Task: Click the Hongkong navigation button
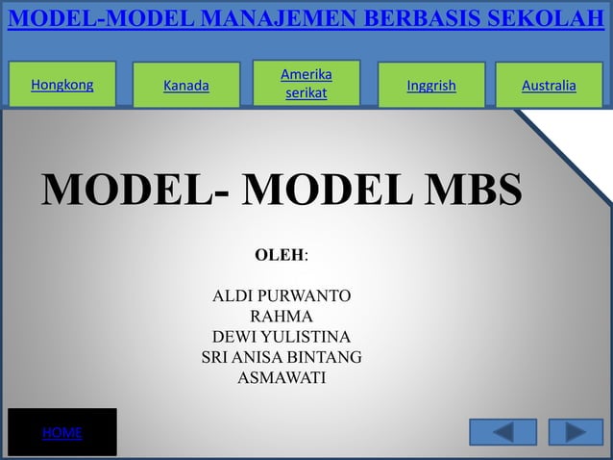[x=62, y=85]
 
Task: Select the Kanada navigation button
[x=185, y=86]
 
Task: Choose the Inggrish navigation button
[x=431, y=86]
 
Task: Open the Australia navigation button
[x=549, y=86]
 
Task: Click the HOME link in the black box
[x=61, y=433]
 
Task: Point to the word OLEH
[x=280, y=256]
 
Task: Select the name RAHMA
[x=281, y=317]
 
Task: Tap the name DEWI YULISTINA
[x=282, y=337]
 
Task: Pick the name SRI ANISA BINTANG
[x=282, y=358]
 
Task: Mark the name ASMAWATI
[x=282, y=378]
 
